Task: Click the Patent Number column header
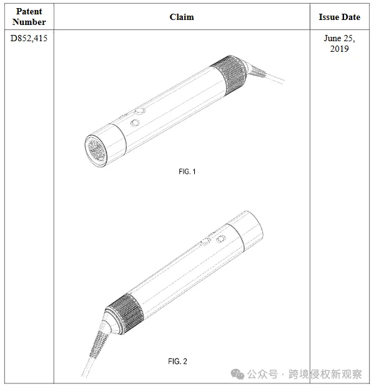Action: pyautogui.click(x=29, y=17)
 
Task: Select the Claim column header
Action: pyautogui.click(x=182, y=17)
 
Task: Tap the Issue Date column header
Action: pyautogui.click(x=339, y=17)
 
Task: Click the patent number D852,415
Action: pyautogui.click(x=29, y=38)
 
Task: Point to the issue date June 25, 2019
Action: pyautogui.click(x=339, y=44)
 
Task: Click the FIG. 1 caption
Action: pyautogui.click(x=187, y=172)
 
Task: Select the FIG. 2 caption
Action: pyautogui.click(x=177, y=361)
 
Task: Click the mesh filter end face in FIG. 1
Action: pyautogui.click(x=96, y=150)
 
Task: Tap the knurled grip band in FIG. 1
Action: pyautogui.click(x=228, y=74)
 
